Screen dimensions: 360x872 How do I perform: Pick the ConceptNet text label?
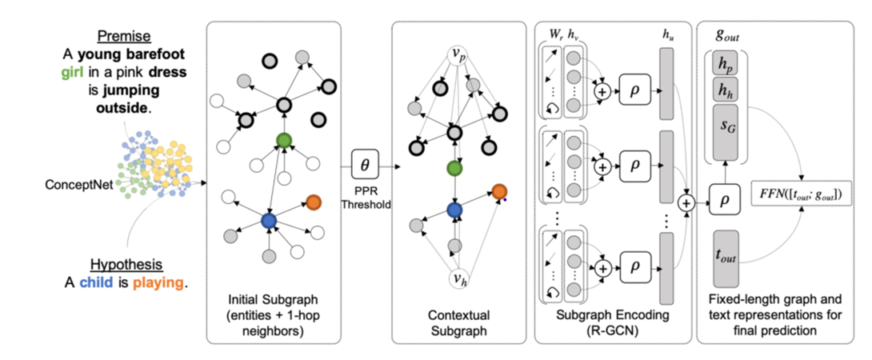tap(77, 185)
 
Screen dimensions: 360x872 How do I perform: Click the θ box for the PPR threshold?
tap(366, 166)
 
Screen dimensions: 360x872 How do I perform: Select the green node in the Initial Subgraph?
tap(283, 141)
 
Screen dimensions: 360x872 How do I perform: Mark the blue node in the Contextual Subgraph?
tap(455, 210)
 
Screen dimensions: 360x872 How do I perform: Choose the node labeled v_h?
tap(455, 280)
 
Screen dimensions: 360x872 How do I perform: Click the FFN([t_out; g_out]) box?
tap(804, 194)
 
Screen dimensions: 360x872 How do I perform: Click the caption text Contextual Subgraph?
tap(454, 321)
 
